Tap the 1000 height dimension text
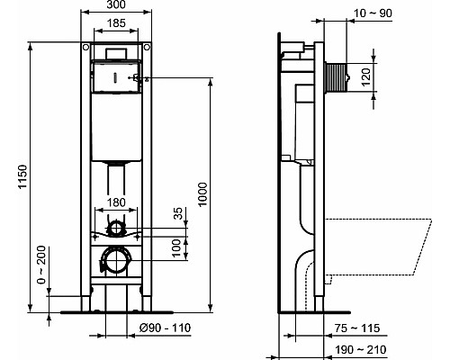[x=202, y=193]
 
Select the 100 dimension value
[x=178, y=247]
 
